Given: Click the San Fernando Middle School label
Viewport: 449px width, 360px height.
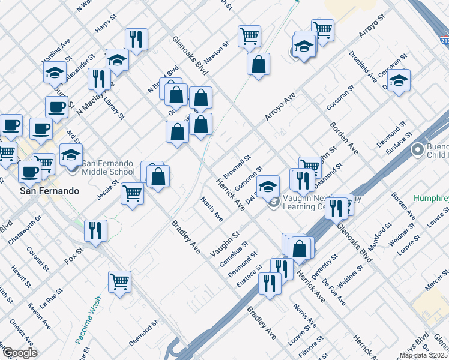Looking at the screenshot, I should tap(108, 167).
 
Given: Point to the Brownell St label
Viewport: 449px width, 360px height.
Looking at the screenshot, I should tap(236, 165).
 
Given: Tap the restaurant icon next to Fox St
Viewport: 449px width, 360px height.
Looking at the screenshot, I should tap(95, 230).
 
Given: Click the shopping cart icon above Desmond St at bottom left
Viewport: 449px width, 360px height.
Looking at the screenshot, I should tap(120, 281).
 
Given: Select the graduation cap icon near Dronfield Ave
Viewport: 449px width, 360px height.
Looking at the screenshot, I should tap(399, 80).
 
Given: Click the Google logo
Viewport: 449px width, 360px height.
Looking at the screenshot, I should tap(20, 352).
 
